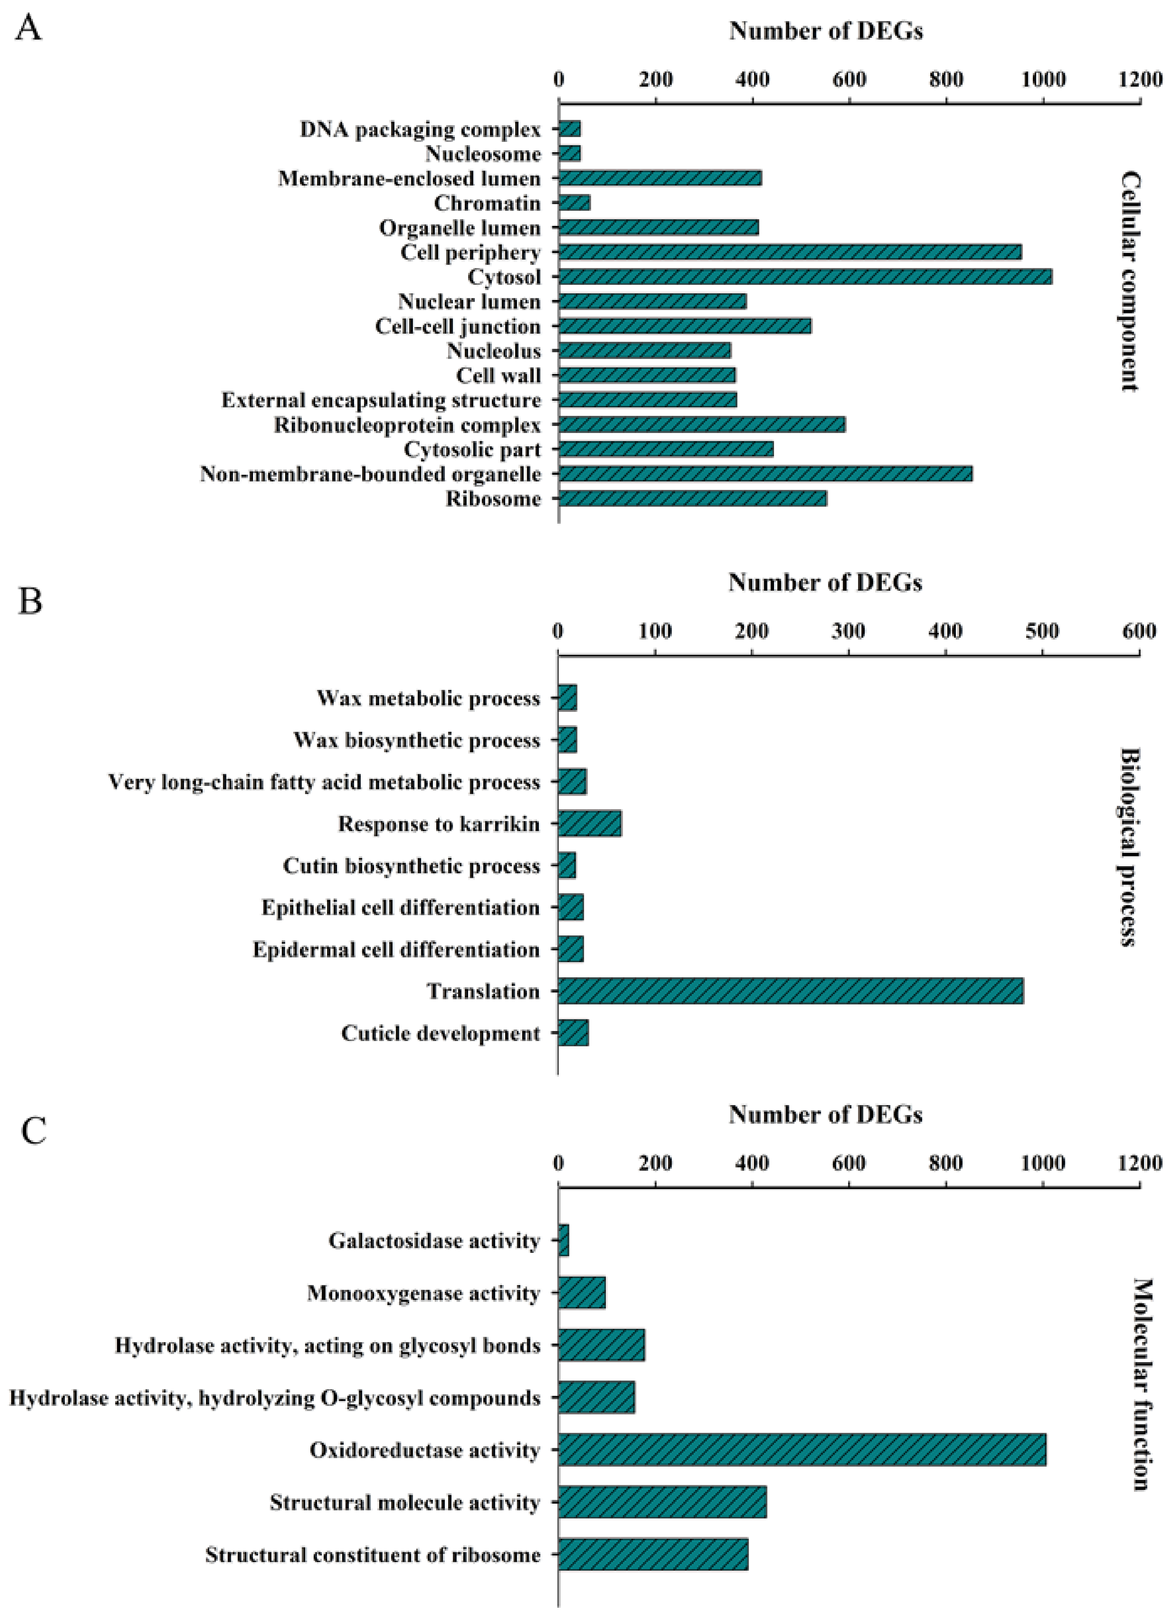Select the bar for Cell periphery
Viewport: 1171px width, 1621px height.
pyautogui.click(x=789, y=252)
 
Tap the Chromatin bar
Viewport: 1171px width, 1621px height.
pyautogui.click(x=574, y=203)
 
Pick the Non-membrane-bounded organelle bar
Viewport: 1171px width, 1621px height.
pyautogui.click(x=765, y=474)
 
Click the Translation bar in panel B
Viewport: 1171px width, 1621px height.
pyautogui.click(x=790, y=991)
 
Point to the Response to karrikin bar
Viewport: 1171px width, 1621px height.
pyautogui.click(x=589, y=823)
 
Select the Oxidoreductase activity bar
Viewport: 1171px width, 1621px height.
pyautogui.click(x=801, y=1450)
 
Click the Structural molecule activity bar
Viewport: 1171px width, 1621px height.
pyautogui.click(x=662, y=1502)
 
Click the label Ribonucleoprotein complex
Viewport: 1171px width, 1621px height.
pyautogui.click(x=407, y=425)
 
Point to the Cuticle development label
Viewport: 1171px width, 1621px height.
pyautogui.click(x=440, y=1034)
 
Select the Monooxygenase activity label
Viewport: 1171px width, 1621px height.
pyautogui.click(x=423, y=1293)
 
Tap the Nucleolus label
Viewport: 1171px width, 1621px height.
pyautogui.click(x=493, y=351)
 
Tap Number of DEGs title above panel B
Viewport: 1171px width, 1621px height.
pyautogui.click(x=825, y=582)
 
